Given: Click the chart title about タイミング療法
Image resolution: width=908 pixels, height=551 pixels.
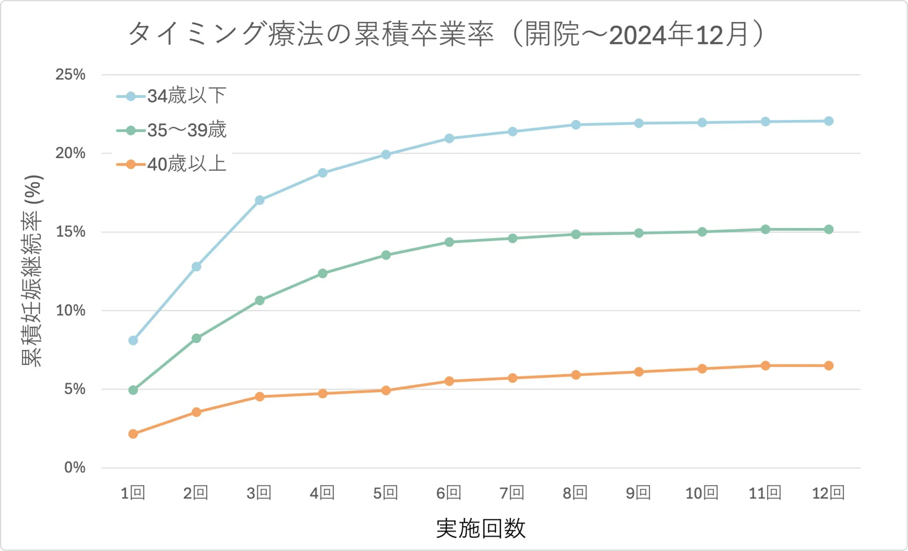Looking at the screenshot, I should coord(447,34).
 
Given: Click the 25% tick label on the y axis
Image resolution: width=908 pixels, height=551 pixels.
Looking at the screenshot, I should coord(70,74).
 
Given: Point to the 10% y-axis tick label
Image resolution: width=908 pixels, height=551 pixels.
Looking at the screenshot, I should coord(70,311).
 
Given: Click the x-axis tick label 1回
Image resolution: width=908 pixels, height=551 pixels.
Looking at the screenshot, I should coord(133,493).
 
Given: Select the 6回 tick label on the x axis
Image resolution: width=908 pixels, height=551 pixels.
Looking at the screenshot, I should coord(449,493).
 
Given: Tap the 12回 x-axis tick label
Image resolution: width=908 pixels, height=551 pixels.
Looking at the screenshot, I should coord(828,493).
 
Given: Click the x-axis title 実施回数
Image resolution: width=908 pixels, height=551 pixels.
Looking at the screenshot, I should coord(481,529).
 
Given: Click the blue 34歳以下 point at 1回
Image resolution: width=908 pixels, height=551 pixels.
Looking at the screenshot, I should coord(133,340).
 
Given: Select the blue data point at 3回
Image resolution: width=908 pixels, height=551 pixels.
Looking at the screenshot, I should coord(260,200).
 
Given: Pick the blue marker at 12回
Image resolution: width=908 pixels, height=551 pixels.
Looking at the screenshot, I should coord(829,121).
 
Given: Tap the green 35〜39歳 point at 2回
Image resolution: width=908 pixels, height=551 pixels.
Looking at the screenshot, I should coord(196,338).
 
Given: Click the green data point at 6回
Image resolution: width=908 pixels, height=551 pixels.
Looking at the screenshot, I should coord(449,242).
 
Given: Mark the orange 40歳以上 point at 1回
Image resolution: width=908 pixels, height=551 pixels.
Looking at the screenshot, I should coord(133,434).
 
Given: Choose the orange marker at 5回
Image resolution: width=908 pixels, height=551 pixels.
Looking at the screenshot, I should coord(386,390).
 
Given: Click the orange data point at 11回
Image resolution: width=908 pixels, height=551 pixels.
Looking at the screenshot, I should coord(765,366).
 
